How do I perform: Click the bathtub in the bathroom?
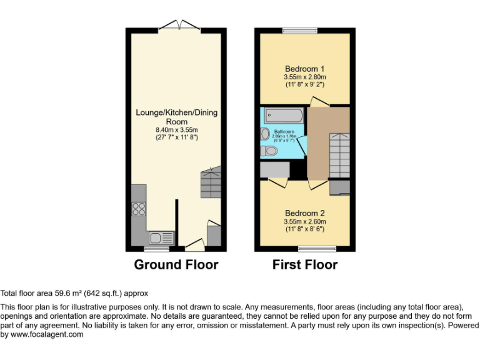coord(284,116)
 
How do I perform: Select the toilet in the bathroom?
coord(271,151)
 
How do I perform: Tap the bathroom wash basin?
coord(265,133)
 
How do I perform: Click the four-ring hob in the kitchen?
coord(139,209)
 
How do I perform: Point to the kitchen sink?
coord(161,237)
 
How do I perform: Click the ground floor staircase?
coord(211,184)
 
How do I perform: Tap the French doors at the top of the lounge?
coord(179,26)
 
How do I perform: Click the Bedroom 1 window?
coord(300,30)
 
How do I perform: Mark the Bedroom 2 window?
coord(317,249)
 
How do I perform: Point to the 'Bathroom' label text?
coord(284,132)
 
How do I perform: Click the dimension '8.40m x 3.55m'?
coord(177,129)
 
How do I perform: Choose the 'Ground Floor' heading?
coord(176,265)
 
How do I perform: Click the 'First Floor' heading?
coord(305,265)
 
